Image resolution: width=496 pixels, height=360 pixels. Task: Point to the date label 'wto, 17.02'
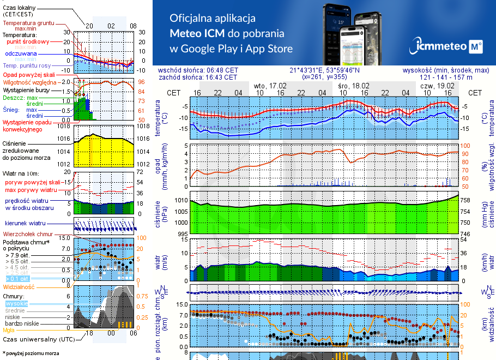point(270,86)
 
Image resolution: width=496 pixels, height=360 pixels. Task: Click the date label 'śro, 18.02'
point(354,86)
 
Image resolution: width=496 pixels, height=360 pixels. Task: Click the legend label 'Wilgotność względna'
point(30,82)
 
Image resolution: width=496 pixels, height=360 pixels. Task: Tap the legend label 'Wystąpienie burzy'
point(26,89)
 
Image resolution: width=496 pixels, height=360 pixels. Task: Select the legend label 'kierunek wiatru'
point(25,224)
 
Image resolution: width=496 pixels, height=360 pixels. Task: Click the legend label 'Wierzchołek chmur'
point(27,234)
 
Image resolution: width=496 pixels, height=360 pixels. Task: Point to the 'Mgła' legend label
point(9,330)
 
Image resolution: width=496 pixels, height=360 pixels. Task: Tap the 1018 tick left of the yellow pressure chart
point(65,127)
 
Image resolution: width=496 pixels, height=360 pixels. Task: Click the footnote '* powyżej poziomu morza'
point(31,353)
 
